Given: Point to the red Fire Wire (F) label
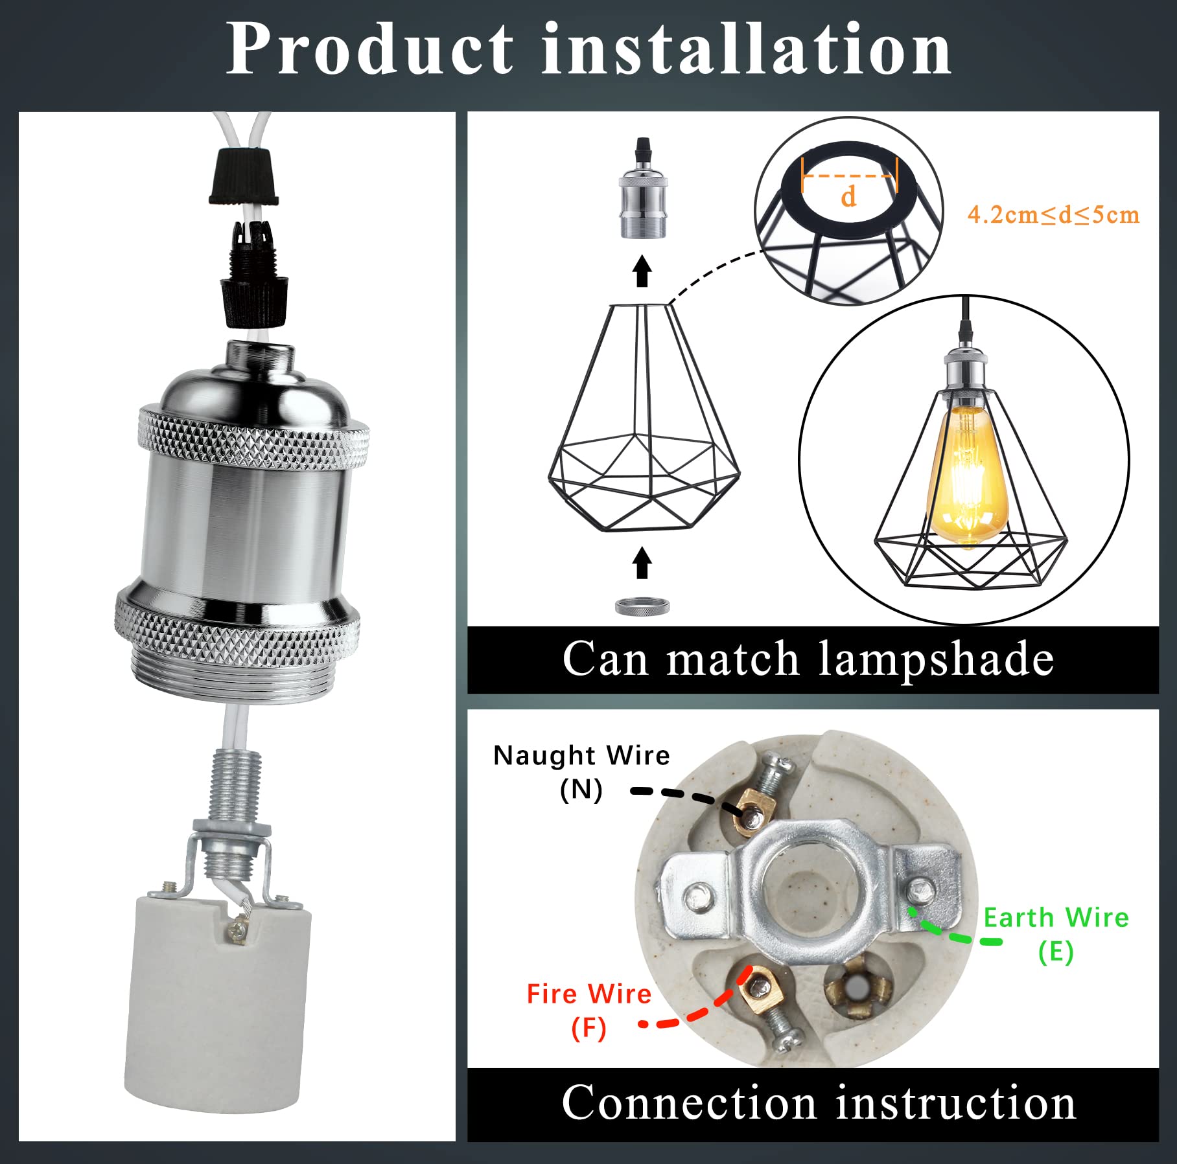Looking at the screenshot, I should (x=588, y=1010).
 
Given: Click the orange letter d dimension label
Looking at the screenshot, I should (x=848, y=196).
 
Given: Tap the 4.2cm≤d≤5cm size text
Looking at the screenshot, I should (x=1053, y=215).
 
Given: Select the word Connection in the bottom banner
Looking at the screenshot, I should (x=688, y=1103).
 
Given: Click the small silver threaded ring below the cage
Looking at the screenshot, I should (x=642, y=607).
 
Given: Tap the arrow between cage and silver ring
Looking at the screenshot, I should (x=642, y=562).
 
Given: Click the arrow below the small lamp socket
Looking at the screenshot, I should (x=642, y=271).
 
